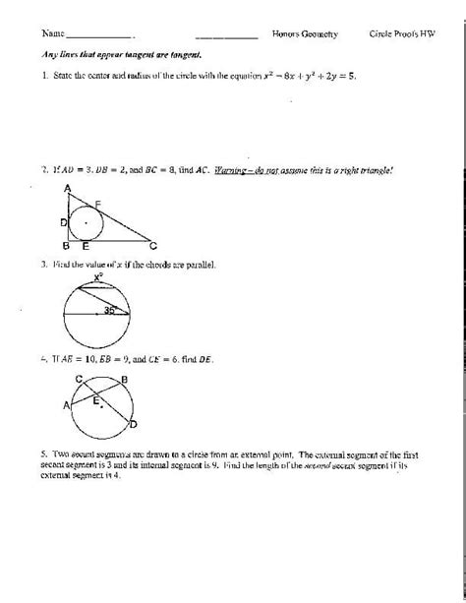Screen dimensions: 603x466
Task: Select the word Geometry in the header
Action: click(320, 33)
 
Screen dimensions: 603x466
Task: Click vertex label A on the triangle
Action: click(66, 187)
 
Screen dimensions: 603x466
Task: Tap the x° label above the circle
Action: click(98, 278)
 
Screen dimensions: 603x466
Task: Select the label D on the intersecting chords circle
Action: click(134, 424)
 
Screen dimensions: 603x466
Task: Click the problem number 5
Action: click(44, 453)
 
